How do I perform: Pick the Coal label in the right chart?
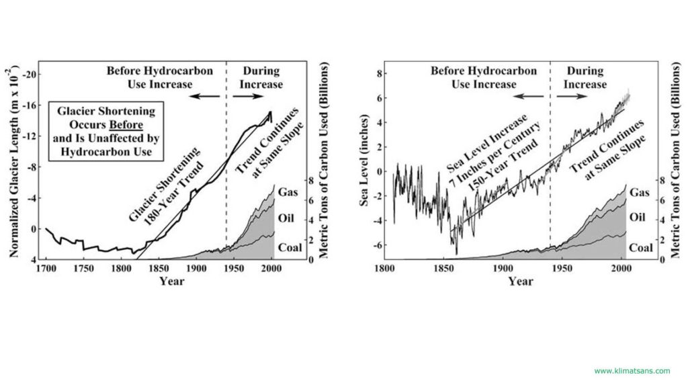[640, 248]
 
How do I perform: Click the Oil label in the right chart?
[638, 218]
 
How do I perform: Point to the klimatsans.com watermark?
[632, 370]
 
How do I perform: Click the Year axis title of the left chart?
[171, 281]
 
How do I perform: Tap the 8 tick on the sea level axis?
[380, 74]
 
